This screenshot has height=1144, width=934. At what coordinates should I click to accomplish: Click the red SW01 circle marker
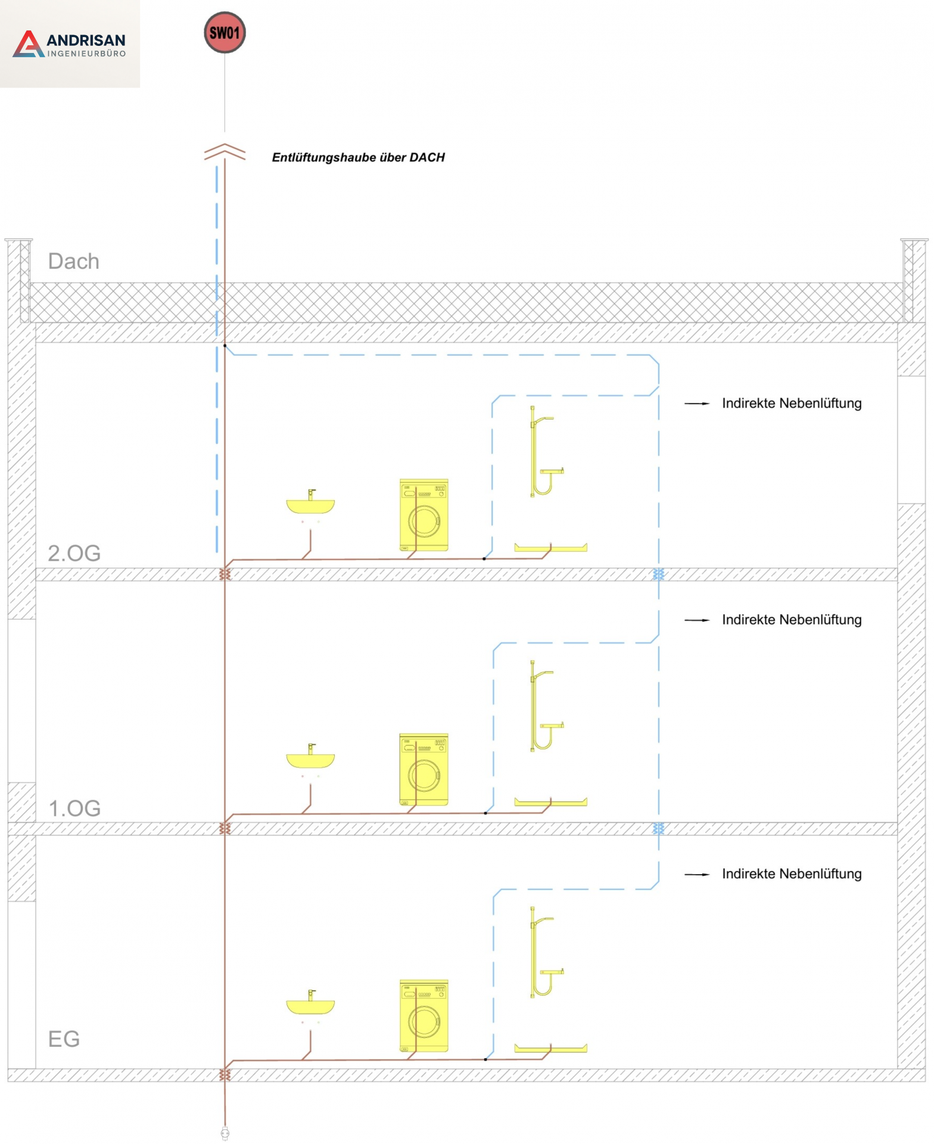(x=225, y=33)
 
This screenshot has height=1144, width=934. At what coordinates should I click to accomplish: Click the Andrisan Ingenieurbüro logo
(x=70, y=44)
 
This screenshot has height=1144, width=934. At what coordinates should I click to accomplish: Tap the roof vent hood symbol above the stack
(x=225, y=152)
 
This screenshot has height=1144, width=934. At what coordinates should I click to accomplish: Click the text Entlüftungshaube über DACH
(x=359, y=157)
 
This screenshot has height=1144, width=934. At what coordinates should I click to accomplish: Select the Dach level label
(x=73, y=261)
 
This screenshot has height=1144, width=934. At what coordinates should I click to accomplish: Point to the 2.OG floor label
(x=74, y=553)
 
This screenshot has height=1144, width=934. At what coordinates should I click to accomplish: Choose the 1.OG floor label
(x=74, y=808)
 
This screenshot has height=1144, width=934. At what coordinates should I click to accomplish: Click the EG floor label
(x=64, y=1039)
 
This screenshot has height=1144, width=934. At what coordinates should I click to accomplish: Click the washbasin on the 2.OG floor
(x=310, y=502)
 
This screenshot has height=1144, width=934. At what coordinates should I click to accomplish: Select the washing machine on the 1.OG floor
(x=424, y=770)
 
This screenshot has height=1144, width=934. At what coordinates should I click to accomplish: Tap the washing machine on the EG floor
(x=424, y=1015)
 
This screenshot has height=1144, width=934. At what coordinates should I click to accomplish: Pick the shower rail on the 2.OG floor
(x=546, y=451)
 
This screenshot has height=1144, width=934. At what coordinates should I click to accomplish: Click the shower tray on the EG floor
(x=550, y=1048)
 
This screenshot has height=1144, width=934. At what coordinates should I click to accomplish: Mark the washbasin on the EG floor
(x=310, y=1003)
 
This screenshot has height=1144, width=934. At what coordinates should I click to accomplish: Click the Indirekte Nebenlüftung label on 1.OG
(x=792, y=620)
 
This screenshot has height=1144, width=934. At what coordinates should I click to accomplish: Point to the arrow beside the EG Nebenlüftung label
(x=697, y=874)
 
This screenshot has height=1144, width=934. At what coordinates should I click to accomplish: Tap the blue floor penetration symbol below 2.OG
(x=658, y=574)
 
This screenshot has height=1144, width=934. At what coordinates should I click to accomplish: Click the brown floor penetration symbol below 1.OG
(x=225, y=828)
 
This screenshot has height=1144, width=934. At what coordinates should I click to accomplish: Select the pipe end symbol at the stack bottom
(x=225, y=1133)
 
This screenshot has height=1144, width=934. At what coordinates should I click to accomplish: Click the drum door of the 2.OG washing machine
(x=424, y=521)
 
